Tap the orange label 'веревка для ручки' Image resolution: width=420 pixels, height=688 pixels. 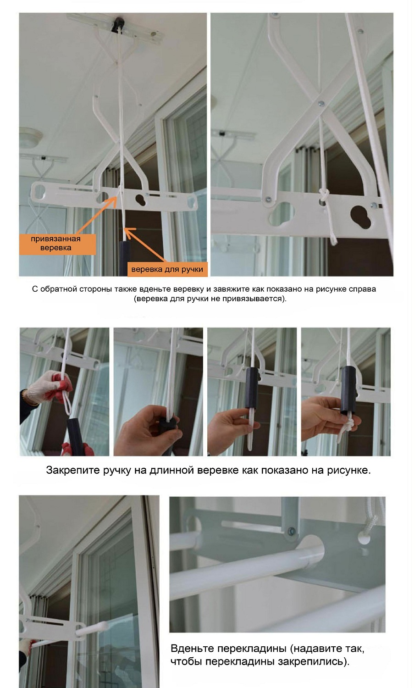click(167, 269)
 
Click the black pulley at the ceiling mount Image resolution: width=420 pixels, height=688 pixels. click(118, 25)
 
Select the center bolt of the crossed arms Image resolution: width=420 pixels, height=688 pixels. click(321, 104)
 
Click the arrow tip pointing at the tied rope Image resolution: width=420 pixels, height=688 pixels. click(116, 197)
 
